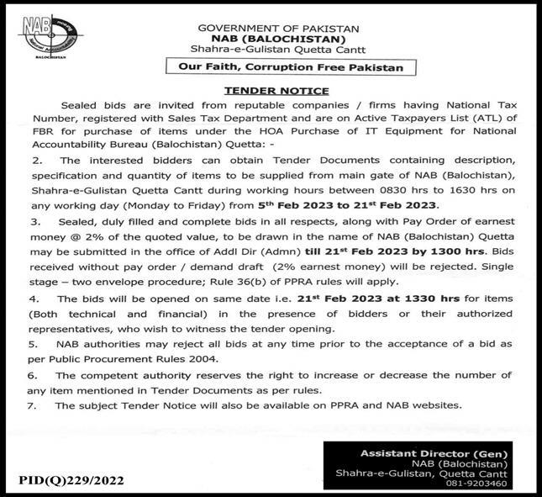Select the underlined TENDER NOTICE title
(x=271, y=90)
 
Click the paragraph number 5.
(x=38, y=344)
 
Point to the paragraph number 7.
(x=38, y=405)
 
